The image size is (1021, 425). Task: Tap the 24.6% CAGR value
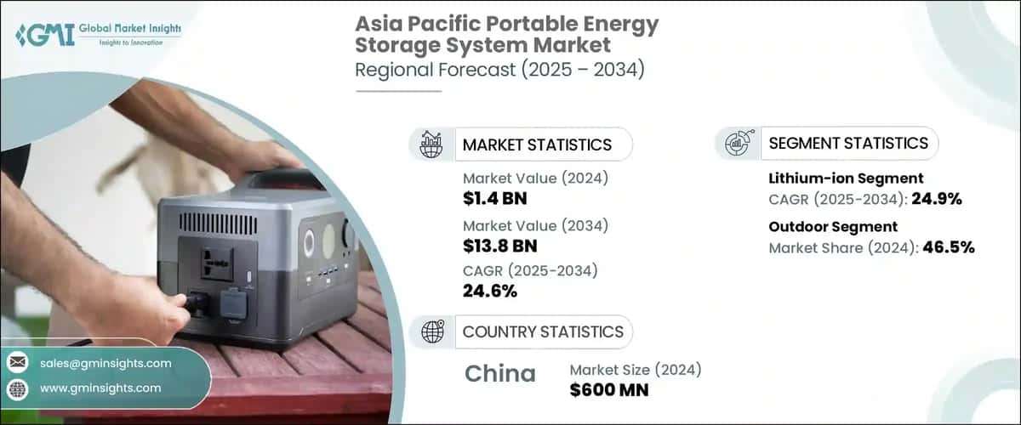[490, 292]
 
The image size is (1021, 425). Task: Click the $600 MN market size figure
[609, 390]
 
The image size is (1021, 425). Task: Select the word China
[500, 373]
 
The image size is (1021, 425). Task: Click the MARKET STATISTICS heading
[537, 144]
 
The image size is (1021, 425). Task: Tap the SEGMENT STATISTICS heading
[848, 143]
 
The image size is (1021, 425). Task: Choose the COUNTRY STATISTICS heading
[543, 331]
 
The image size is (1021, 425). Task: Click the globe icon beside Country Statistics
[431, 331]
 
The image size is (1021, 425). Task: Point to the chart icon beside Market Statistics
[431, 144]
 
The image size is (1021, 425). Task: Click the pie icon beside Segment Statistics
[738, 143]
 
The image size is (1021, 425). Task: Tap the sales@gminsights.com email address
[106, 363]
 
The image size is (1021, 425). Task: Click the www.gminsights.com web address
[100, 388]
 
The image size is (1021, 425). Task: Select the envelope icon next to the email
[17, 363]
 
